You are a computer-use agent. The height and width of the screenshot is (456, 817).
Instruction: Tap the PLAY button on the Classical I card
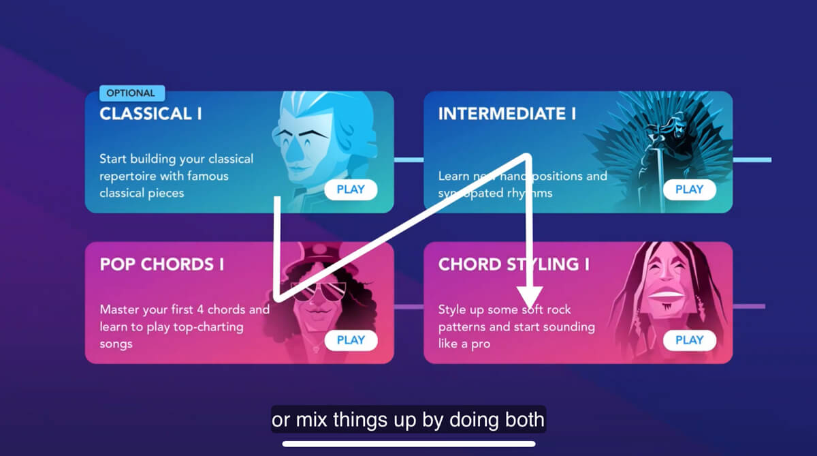tap(351, 189)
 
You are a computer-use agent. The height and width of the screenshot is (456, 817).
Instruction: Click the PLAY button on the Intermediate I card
tap(689, 189)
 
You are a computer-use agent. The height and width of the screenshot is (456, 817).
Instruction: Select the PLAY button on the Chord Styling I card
tap(689, 339)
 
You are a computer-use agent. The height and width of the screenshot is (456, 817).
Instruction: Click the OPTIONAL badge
tap(131, 93)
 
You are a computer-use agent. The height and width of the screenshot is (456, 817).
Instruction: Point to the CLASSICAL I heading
tap(150, 114)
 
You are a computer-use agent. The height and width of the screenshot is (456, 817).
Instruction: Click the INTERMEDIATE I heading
tap(507, 114)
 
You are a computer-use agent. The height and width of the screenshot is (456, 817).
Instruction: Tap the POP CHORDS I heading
tap(161, 264)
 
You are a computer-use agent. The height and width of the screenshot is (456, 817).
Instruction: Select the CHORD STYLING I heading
tap(513, 264)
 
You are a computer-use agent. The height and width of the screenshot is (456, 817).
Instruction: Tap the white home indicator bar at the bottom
tap(408, 444)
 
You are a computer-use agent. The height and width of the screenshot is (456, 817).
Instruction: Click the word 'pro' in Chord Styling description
tap(480, 344)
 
